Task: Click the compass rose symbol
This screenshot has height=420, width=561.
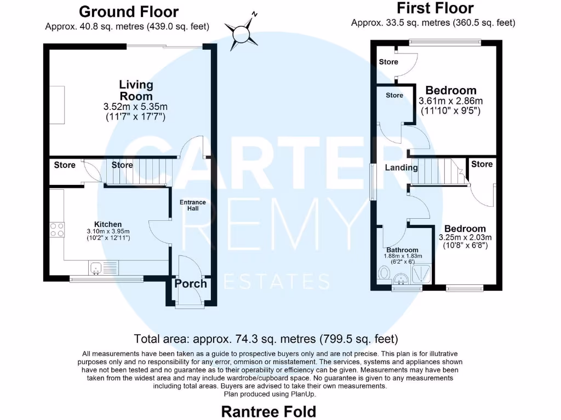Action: pyautogui.click(x=244, y=31)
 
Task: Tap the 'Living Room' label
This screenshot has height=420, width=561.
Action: pyautogui.click(x=136, y=90)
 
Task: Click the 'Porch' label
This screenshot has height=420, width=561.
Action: pyautogui.click(x=191, y=283)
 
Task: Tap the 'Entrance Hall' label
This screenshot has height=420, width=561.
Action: pyautogui.click(x=193, y=206)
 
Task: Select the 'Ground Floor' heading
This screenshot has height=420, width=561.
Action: pyautogui.click(x=129, y=11)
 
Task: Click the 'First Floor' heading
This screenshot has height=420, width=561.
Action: pyautogui.click(x=434, y=8)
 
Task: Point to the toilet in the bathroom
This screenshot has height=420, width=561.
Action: pyautogui.click(x=385, y=273)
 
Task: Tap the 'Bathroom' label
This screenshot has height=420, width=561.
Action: pyautogui.click(x=403, y=250)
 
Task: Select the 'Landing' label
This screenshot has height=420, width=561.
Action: pyautogui.click(x=401, y=167)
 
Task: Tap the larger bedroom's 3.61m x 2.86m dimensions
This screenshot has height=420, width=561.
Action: pyautogui.click(x=450, y=101)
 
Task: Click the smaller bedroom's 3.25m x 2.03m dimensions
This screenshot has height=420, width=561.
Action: pyautogui.click(x=465, y=237)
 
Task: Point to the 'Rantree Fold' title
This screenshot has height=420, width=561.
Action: pyautogui.click(x=268, y=411)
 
